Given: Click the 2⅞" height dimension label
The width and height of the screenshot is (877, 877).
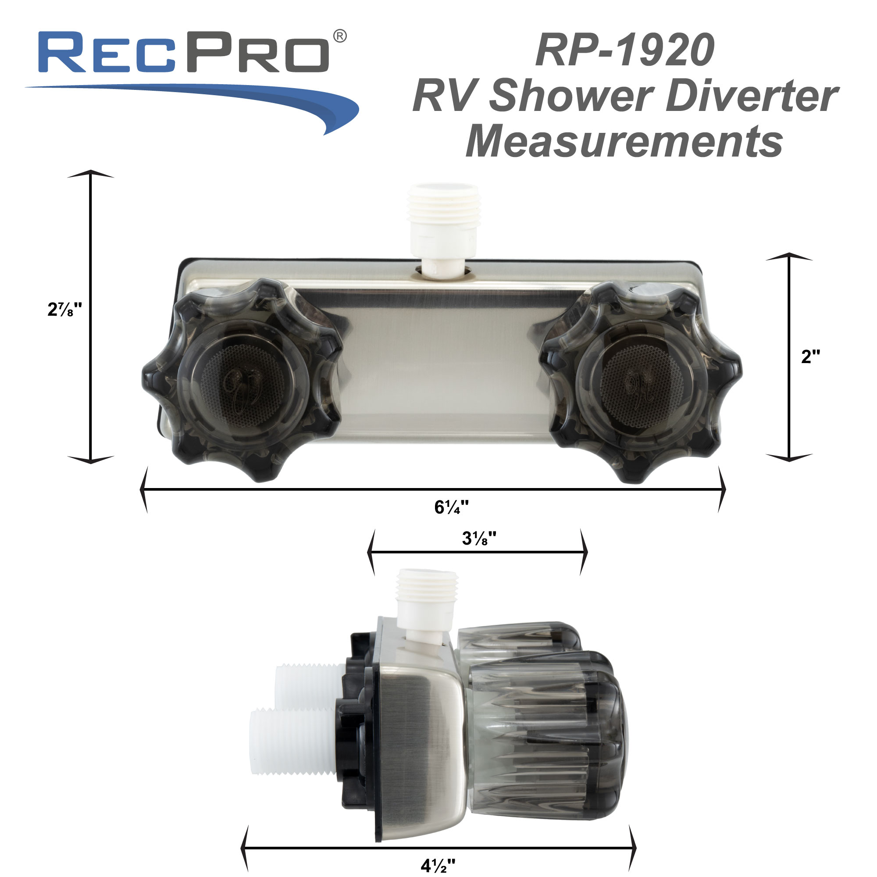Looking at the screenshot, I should coord(64,310).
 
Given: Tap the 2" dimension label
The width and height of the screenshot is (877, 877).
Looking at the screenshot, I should coord(810,357).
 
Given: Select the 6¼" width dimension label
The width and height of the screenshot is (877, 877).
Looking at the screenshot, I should coord(451,507).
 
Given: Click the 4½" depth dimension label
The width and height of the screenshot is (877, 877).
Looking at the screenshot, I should coord(438,866).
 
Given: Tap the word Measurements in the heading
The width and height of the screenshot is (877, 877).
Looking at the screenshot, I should coord(624,141).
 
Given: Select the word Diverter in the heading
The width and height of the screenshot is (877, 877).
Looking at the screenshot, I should coord(751,96).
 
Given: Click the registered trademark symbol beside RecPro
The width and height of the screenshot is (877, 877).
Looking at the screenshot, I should coord(340,36).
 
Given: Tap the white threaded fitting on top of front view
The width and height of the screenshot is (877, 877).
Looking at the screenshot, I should coord(443,214).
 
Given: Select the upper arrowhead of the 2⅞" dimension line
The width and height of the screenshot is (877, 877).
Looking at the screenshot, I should coord(91,174).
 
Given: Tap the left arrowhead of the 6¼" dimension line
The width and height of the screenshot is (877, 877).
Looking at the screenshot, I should coord(143,489).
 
